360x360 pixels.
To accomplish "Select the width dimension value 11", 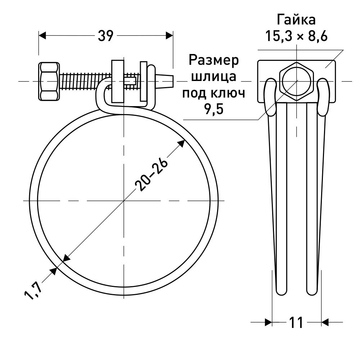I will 296,322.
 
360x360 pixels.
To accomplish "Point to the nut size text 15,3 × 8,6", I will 296,36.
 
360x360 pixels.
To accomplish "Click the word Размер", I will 214,60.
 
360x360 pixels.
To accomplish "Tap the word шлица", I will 214,77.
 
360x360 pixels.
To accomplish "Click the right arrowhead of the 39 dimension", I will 169,36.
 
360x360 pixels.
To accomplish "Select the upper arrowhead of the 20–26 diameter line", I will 182,143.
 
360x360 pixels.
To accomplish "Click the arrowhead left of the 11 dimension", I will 267,322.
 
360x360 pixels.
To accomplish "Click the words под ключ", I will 214,93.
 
